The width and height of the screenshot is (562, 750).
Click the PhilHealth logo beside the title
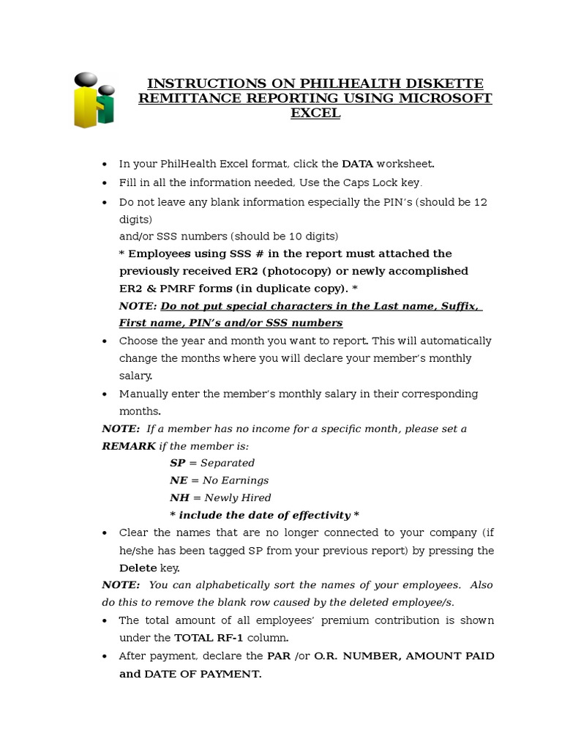click(x=94, y=100)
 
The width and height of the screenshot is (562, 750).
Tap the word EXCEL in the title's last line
click(x=315, y=113)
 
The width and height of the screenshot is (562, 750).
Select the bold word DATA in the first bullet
click(x=358, y=164)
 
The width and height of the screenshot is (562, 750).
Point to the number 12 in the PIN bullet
click(x=480, y=201)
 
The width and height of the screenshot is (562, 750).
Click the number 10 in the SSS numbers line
click(x=266, y=236)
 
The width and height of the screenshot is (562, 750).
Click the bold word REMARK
click(x=129, y=446)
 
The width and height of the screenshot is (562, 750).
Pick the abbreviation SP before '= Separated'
click(x=176, y=463)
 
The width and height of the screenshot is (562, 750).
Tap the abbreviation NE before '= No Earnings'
click(x=178, y=480)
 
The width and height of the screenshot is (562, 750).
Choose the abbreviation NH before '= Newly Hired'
click(x=179, y=498)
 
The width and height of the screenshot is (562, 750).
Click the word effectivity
click(x=316, y=515)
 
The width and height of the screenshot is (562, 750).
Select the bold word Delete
click(x=138, y=568)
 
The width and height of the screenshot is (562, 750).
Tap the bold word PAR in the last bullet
click(x=279, y=656)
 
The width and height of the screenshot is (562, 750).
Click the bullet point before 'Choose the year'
click(x=105, y=341)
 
